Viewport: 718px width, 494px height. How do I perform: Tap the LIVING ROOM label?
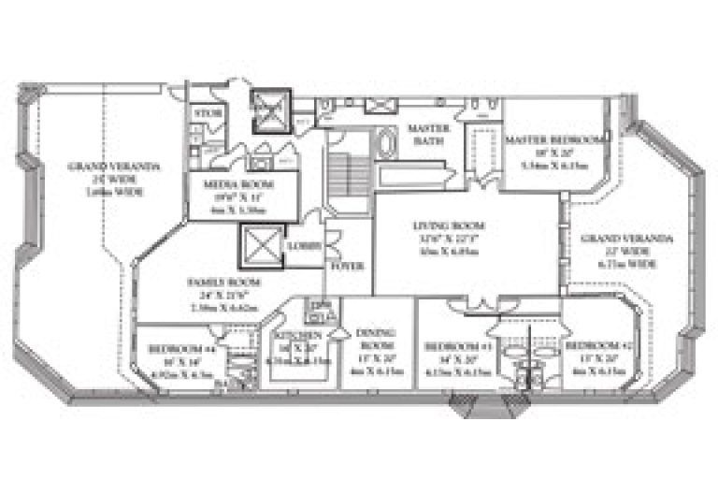coord(440,225)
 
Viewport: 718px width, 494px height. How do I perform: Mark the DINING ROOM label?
coord(376,339)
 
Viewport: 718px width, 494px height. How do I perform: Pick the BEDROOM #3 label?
coord(452,346)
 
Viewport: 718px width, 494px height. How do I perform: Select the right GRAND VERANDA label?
coord(613,240)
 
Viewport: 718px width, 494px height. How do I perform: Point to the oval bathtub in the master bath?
coord(386,144)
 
